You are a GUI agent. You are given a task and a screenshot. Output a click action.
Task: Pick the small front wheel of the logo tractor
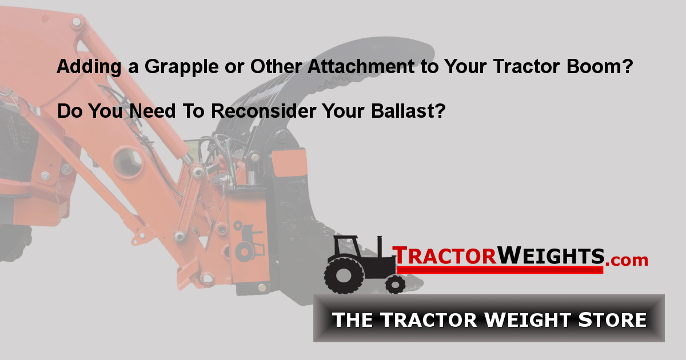394,283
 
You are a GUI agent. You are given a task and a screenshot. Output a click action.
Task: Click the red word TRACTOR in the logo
444,255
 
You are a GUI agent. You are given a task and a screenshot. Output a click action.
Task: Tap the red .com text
627,260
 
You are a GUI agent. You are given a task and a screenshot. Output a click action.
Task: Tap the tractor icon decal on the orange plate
249,239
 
